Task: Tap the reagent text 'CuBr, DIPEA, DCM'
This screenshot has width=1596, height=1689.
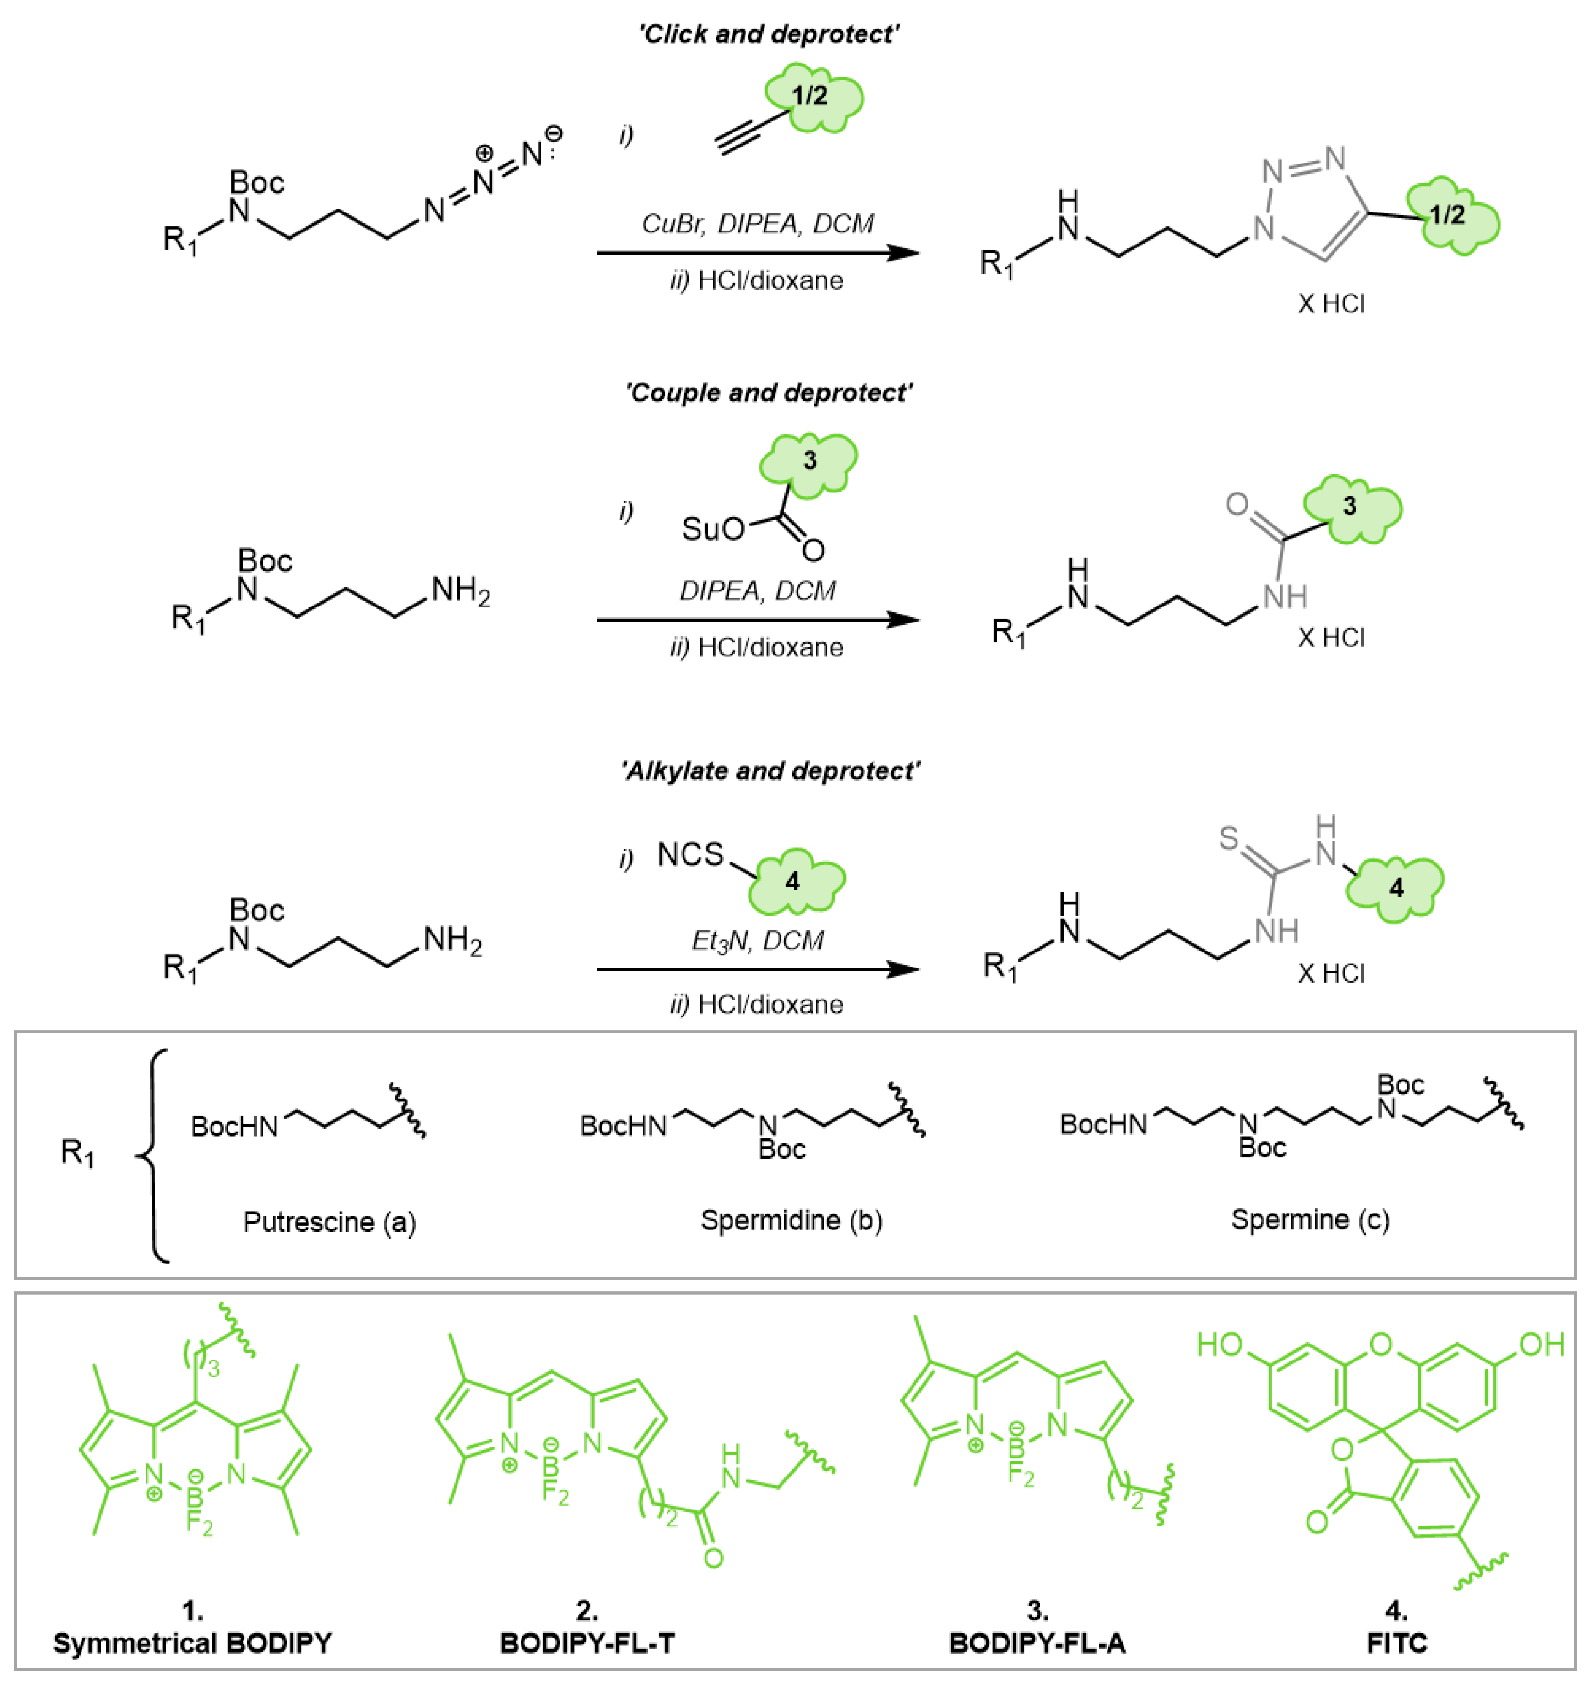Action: tap(757, 224)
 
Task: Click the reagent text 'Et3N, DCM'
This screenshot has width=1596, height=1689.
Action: tap(757, 940)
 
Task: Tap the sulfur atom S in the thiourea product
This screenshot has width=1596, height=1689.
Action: tap(1228, 838)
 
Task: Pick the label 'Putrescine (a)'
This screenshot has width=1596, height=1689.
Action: tap(329, 1222)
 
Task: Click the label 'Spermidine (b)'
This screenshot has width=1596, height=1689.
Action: tap(791, 1220)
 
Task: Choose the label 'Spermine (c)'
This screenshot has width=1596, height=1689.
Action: tap(1310, 1219)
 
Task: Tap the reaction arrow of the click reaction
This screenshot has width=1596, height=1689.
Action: tap(757, 253)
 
